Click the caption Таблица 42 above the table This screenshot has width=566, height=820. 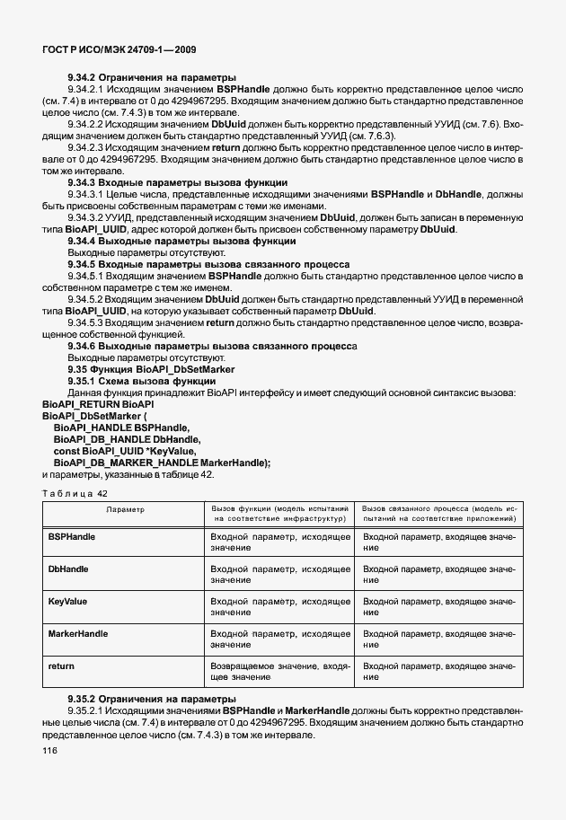click(75, 495)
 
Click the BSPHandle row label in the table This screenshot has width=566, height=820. click(71, 536)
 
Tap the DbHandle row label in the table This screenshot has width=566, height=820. click(67, 569)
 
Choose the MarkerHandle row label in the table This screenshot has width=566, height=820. click(77, 633)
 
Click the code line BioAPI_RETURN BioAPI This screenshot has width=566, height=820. click(93, 405)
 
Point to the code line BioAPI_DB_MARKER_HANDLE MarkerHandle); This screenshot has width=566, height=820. click(162, 462)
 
